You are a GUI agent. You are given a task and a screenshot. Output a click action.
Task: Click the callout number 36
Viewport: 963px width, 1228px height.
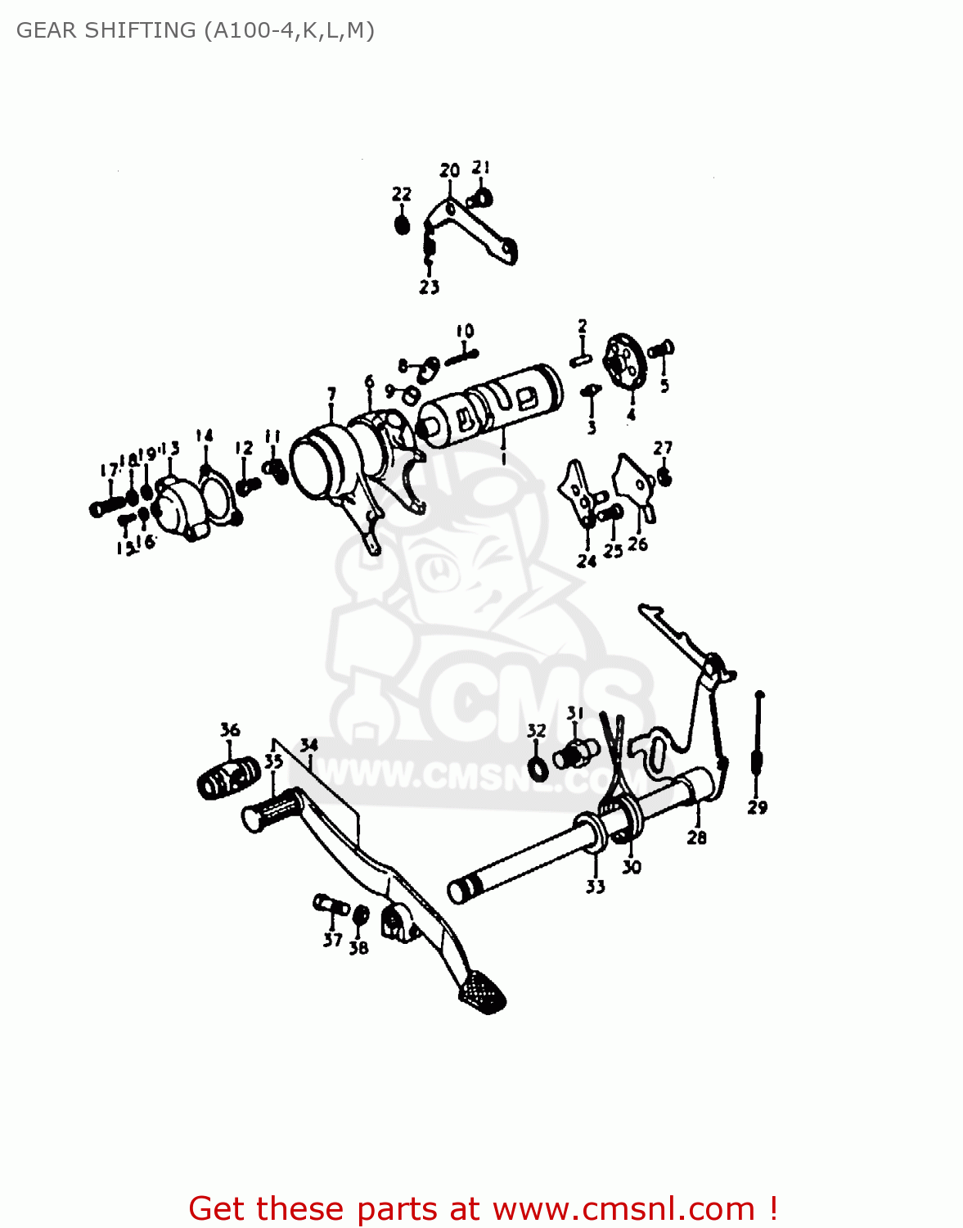pos(230,729)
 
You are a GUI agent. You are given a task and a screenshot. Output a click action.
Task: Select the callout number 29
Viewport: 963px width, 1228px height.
pos(758,807)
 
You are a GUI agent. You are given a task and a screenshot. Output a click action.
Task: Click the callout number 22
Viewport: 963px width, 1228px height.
pos(401,194)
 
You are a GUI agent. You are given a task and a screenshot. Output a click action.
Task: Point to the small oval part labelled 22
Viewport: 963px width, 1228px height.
pos(402,223)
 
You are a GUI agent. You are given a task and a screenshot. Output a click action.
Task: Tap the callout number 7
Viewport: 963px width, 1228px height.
pos(331,395)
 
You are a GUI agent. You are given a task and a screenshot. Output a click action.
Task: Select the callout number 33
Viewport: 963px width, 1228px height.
pos(595,887)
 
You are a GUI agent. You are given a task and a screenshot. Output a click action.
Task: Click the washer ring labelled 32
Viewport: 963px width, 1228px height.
pos(539,769)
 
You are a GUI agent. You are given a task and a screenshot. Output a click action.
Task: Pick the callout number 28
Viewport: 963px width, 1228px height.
pos(696,837)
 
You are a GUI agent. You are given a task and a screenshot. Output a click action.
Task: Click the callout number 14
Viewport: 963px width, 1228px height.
pos(205,436)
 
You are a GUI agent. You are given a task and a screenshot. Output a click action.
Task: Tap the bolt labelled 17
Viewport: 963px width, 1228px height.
pos(106,506)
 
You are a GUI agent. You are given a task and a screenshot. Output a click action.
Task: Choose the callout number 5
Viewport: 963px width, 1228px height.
pos(664,386)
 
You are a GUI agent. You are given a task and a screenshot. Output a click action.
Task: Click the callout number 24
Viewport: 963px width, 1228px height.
pos(587,562)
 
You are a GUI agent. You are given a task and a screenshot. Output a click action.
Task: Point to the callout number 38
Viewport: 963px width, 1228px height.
pos(358,948)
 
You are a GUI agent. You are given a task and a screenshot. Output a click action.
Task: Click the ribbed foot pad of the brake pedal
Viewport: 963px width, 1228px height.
pos(483,992)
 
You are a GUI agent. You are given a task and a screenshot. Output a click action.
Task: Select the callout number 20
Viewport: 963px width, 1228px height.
pos(450,170)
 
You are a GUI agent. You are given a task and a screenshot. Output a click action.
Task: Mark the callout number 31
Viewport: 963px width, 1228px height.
pos(576,713)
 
